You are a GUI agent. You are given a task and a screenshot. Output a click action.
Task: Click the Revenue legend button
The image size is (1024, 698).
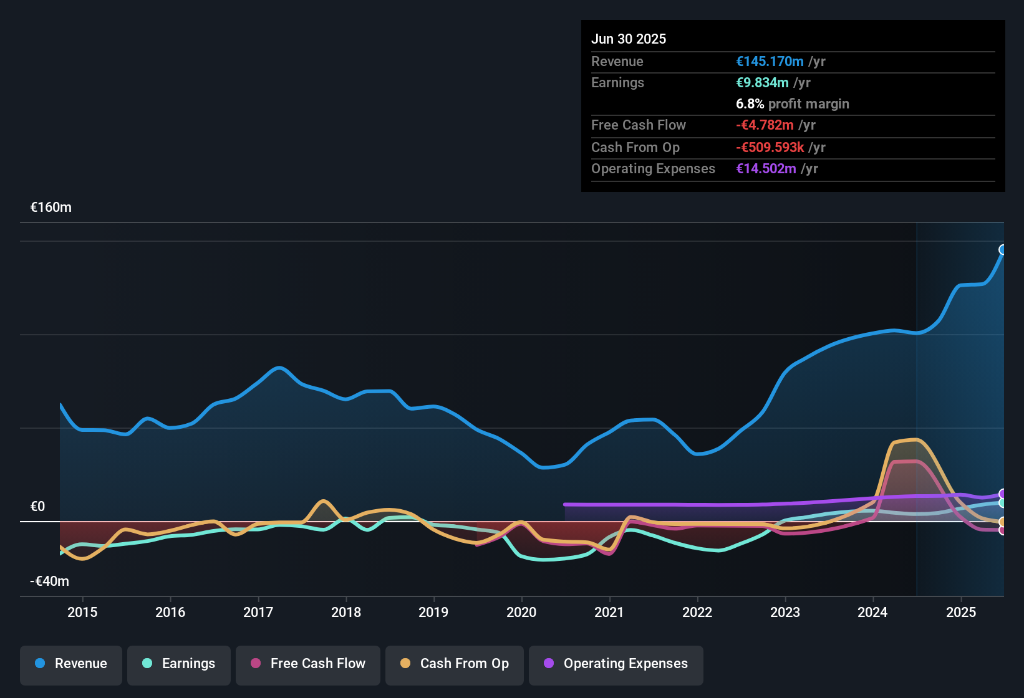coord(71,664)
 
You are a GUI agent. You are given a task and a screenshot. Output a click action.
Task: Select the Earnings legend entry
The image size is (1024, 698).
coord(178,664)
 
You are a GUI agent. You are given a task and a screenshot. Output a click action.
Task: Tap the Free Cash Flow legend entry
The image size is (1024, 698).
coord(307,664)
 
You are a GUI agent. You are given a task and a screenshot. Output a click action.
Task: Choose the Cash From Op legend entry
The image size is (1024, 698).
coord(454,664)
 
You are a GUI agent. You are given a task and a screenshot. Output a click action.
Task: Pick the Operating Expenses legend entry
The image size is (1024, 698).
coord(616,664)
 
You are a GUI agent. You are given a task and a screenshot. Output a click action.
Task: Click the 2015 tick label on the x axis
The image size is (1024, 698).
coord(82,612)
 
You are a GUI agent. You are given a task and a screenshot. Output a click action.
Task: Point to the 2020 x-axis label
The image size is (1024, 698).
coord(521,612)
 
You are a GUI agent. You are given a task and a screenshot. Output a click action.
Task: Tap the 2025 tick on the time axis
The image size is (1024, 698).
coord(960,612)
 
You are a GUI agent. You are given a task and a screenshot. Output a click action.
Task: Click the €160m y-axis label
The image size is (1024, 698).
coord(51,208)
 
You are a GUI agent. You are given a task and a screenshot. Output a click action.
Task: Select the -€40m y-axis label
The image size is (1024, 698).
coord(50,581)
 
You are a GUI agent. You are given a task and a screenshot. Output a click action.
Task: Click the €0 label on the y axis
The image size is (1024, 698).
coord(38,507)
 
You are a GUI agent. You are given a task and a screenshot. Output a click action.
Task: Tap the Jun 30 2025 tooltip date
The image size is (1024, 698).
coord(629,39)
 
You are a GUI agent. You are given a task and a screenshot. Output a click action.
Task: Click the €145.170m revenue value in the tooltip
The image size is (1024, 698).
coord(770,62)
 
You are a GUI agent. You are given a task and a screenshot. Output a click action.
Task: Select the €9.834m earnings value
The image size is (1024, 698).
coord(762,83)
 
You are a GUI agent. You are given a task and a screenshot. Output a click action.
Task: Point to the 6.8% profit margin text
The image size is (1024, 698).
coord(792,104)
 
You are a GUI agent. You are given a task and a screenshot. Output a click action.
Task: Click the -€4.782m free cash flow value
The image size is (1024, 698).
coord(765,125)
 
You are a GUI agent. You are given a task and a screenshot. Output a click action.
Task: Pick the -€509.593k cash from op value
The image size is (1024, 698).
coord(770,148)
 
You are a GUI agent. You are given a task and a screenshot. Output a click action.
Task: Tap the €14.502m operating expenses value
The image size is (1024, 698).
coord(766,169)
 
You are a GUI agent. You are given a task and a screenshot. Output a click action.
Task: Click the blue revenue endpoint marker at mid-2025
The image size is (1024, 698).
coord(1003,250)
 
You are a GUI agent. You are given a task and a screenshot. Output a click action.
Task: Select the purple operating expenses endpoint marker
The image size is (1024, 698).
coord(1003,494)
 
